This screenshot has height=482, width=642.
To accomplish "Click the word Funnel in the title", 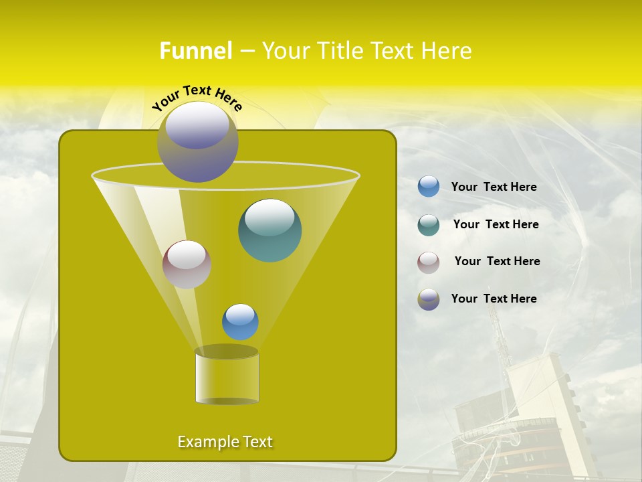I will point(195,51).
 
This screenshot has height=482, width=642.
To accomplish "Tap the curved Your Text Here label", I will point(197,98).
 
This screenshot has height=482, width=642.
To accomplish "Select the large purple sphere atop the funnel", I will point(197,141).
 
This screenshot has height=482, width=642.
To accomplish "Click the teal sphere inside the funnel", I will point(270,230).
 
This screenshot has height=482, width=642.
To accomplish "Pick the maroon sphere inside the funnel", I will point(187,264).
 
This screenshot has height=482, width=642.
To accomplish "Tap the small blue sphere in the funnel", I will point(240,321).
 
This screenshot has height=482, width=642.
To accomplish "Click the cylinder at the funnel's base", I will point(227,376).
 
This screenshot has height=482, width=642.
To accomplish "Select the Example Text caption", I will point(225,442).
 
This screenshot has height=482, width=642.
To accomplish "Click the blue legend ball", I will point(429,186).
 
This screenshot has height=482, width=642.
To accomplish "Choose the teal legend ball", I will point(429,225).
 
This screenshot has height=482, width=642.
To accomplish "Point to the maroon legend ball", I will point(429,262).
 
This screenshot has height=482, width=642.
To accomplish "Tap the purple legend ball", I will point(429,299).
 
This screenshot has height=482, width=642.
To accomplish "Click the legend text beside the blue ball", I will point(494,187).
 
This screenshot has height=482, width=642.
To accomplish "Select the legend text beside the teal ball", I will point(496,225).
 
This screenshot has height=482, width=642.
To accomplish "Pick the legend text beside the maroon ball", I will point(497,262).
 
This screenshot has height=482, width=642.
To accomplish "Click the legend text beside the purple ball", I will point(494,299).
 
